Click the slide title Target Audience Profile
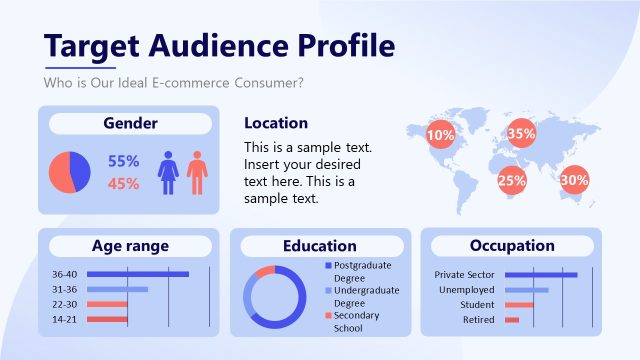[219, 45]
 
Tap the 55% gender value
[123, 160]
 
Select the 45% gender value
[123, 183]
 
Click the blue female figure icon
[168, 172]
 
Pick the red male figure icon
[197, 172]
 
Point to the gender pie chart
[70, 172]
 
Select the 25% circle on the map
[512, 181]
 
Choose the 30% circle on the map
[574, 181]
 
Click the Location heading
[276, 123]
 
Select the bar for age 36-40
[137, 274]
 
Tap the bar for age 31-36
[117, 289]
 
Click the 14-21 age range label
[64, 319]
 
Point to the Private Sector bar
[541, 274]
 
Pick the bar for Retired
[512, 320]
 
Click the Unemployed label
[465, 290]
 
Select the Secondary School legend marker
[327, 316]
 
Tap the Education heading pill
[319, 245]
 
